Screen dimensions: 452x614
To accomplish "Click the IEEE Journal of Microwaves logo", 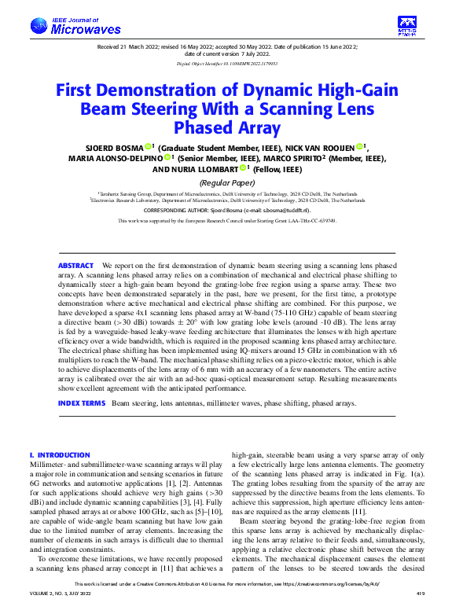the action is tap(75, 27).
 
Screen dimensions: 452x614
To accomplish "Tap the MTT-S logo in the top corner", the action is tap(406, 26).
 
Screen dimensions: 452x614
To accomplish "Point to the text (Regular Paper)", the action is tap(226, 182).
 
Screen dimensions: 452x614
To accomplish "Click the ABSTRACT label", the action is tap(75, 267).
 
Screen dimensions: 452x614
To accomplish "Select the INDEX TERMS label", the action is tap(82, 403).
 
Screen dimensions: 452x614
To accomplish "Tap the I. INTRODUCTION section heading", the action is tap(59, 455).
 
